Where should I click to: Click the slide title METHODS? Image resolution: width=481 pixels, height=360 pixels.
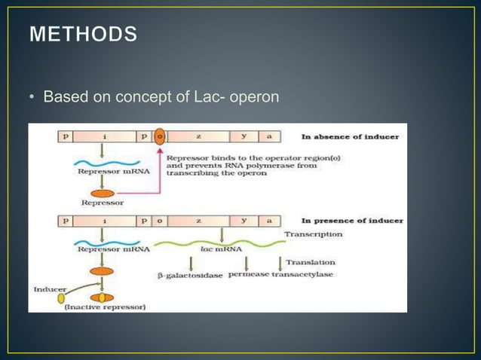coord(84,35)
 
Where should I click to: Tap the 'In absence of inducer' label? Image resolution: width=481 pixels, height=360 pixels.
coord(351,136)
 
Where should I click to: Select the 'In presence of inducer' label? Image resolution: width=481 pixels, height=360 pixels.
coord(352,221)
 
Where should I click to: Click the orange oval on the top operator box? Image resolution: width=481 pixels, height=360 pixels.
coord(159,137)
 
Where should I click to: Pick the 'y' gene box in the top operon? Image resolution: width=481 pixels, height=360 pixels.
coord(244,137)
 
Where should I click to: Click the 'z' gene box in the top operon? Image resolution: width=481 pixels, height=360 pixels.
coord(198,137)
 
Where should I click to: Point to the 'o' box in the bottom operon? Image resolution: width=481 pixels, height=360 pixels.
coord(159,221)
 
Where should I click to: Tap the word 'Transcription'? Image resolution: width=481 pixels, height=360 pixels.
coord(313,234)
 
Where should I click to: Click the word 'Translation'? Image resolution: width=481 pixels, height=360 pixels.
coord(311,262)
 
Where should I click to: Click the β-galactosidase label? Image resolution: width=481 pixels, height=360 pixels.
coord(190,276)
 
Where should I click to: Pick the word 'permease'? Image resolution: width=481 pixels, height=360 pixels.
coord(248,275)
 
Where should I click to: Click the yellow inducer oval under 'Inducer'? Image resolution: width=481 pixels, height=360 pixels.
coord(61,298)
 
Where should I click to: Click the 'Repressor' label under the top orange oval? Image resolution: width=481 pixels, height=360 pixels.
coord(103,203)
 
